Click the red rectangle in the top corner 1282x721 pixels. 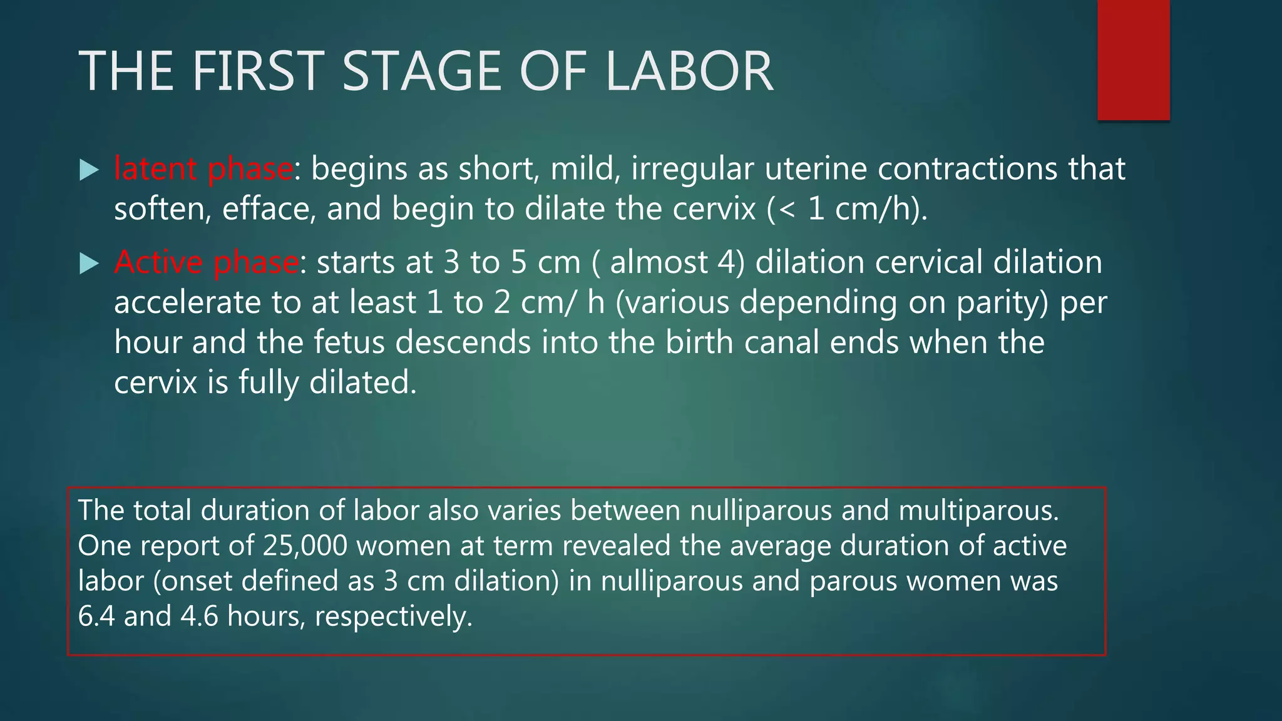[1133, 59]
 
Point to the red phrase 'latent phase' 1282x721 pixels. [203, 169]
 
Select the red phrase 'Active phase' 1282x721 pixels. [207, 262]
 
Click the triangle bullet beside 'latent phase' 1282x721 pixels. [90, 170]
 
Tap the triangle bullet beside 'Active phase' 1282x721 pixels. [90, 263]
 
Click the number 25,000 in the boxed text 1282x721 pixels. [305, 546]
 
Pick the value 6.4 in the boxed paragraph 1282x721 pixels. [96, 616]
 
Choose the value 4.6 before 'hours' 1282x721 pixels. [199, 616]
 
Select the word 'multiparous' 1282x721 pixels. [978, 511]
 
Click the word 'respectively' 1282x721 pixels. [393, 617]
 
